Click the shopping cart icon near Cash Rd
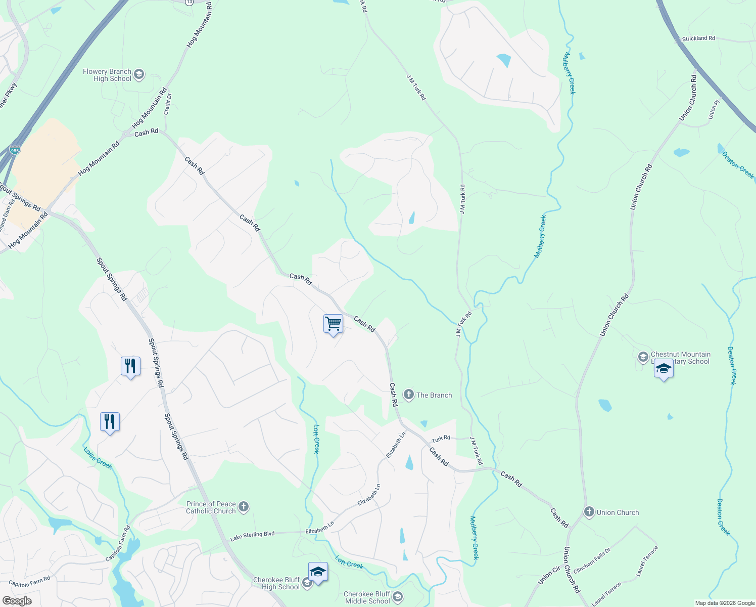tap(333, 324)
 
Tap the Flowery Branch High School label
tap(107, 75)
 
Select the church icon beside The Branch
tap(409, 395)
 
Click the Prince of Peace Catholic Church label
tap(211, 507)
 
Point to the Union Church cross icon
tap(589, 512)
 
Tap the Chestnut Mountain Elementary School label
tap(680, 358)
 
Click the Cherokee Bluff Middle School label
tap(367, 597)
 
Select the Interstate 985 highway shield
tap(15, 150)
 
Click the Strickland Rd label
tap(698, 38)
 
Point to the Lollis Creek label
tap(98, 457)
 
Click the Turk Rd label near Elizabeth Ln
tap(441, 438)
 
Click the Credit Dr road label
tap(168, 104)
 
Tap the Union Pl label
tap(714, 109)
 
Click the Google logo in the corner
tap(17, 601)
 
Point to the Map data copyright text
tap(725, 603)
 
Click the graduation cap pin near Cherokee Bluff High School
tap(318, 572)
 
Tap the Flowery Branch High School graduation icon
tap(139, 75)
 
